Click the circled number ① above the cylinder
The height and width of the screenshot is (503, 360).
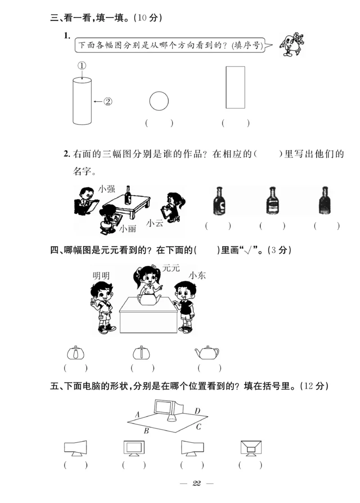click(81, 66)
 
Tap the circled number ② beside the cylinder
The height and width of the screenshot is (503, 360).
click(108, 102)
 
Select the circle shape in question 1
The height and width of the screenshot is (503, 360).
click(158, 101)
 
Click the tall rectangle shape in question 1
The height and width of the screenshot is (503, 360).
click(235, 87)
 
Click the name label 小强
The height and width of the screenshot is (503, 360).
click(107, 189)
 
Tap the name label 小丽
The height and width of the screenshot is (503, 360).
click(128, 229)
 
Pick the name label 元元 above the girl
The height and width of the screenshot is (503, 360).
click(171, 268)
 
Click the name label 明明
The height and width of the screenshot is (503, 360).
click(101, 276)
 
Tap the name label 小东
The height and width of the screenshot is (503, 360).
click(197, 275)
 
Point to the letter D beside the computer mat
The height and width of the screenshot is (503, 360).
click(197, 411)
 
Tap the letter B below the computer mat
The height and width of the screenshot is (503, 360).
click(146, 431)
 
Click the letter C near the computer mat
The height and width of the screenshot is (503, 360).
click(198, 427)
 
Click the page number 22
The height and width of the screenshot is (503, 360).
click(196, 483)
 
